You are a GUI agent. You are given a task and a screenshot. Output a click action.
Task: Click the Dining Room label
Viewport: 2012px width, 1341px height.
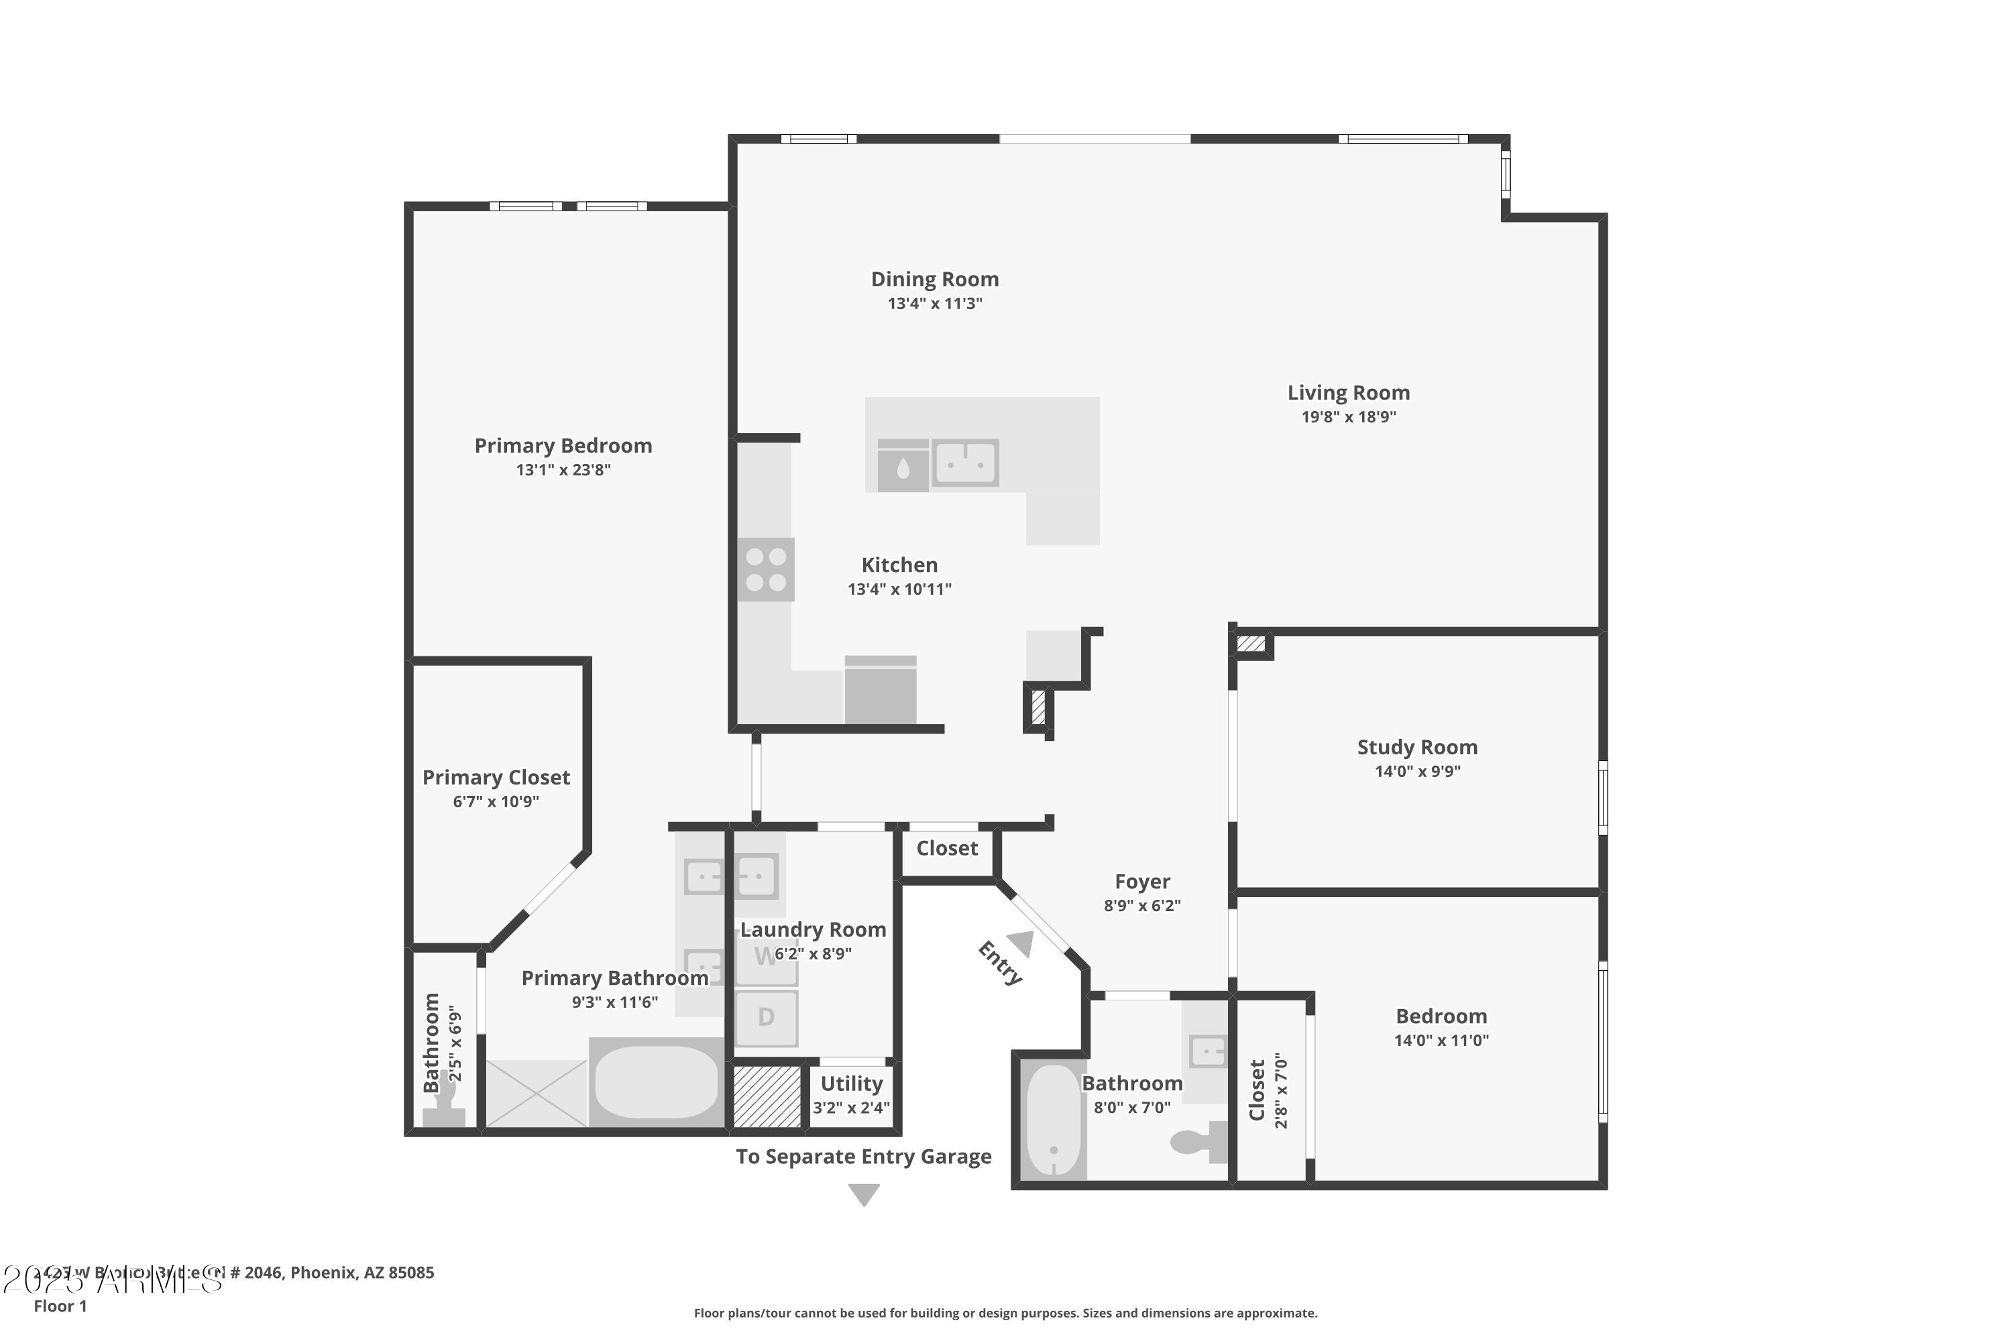934,280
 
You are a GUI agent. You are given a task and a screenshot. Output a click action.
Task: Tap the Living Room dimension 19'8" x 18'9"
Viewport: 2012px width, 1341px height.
1348,417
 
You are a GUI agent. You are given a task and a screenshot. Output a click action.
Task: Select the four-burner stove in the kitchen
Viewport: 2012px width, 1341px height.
766,569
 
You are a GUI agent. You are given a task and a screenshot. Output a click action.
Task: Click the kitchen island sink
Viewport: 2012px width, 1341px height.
965,463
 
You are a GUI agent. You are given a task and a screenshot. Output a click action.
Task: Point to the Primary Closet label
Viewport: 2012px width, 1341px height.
496,777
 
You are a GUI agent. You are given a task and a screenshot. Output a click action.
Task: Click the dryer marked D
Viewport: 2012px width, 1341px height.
767,1018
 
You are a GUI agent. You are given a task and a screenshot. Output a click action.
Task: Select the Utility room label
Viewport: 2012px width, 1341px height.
851,1084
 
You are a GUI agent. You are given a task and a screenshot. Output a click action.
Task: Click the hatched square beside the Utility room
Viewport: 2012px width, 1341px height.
767,1096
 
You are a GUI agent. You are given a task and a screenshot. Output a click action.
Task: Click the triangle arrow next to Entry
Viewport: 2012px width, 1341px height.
1021,944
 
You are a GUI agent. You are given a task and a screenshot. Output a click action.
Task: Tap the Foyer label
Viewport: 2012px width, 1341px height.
1142,882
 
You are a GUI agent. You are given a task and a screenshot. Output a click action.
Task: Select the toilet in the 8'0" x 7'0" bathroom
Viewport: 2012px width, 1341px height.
1198,1143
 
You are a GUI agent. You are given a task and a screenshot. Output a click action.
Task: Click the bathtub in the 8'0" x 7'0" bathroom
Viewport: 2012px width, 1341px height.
1053,1121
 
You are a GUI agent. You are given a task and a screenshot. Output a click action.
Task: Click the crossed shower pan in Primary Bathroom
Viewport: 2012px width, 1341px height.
537,1093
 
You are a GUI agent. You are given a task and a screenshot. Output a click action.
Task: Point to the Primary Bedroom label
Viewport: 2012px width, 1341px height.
563,446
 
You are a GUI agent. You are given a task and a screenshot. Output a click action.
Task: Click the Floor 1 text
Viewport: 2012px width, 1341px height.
60,1306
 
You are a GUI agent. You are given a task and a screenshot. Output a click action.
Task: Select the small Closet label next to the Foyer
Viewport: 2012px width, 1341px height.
946,848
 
